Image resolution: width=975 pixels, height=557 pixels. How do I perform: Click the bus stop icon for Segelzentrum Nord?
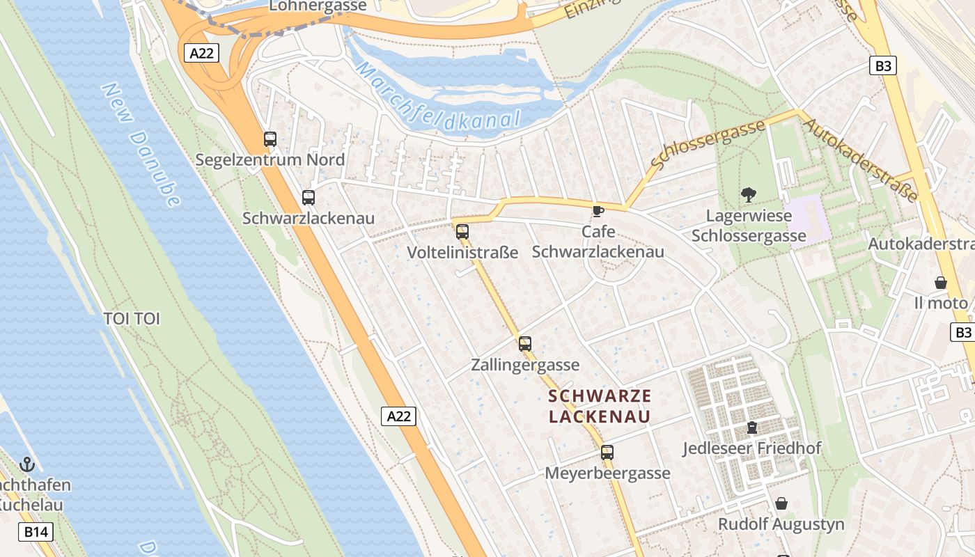pos(270,139)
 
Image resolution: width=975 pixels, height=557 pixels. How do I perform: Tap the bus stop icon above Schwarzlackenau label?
pos(309,198)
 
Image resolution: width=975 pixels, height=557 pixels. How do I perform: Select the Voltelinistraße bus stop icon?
pos(462,232)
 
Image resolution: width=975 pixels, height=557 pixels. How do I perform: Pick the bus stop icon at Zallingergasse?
pos(525,344)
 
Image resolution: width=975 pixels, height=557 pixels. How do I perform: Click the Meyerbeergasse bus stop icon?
pos(607,453)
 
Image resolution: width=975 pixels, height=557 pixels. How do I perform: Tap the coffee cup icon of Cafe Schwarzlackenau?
pos(598,211)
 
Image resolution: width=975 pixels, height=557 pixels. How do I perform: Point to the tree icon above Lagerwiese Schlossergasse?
pos(749,195)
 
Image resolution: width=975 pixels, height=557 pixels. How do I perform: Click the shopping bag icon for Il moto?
pos(941,283)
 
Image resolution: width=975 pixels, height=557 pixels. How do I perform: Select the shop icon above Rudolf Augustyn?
pos(781,503)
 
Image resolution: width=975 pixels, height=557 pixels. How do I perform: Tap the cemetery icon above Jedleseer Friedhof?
pos(752,427)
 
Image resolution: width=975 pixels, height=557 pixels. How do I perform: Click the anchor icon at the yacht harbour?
pos(27,464)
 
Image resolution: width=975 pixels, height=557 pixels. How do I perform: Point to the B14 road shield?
pos(36,533)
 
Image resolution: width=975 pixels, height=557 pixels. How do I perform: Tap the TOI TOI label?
pos(132,319)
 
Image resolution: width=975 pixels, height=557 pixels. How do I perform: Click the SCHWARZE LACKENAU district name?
pos(600,407)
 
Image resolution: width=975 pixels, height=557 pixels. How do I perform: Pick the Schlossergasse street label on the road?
pos(708,144)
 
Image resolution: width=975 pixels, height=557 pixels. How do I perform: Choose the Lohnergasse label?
pos(318,6)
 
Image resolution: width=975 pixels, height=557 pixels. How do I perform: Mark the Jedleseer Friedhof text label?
pos(752,448)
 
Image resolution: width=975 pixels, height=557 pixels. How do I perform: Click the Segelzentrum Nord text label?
pos(270,160)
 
